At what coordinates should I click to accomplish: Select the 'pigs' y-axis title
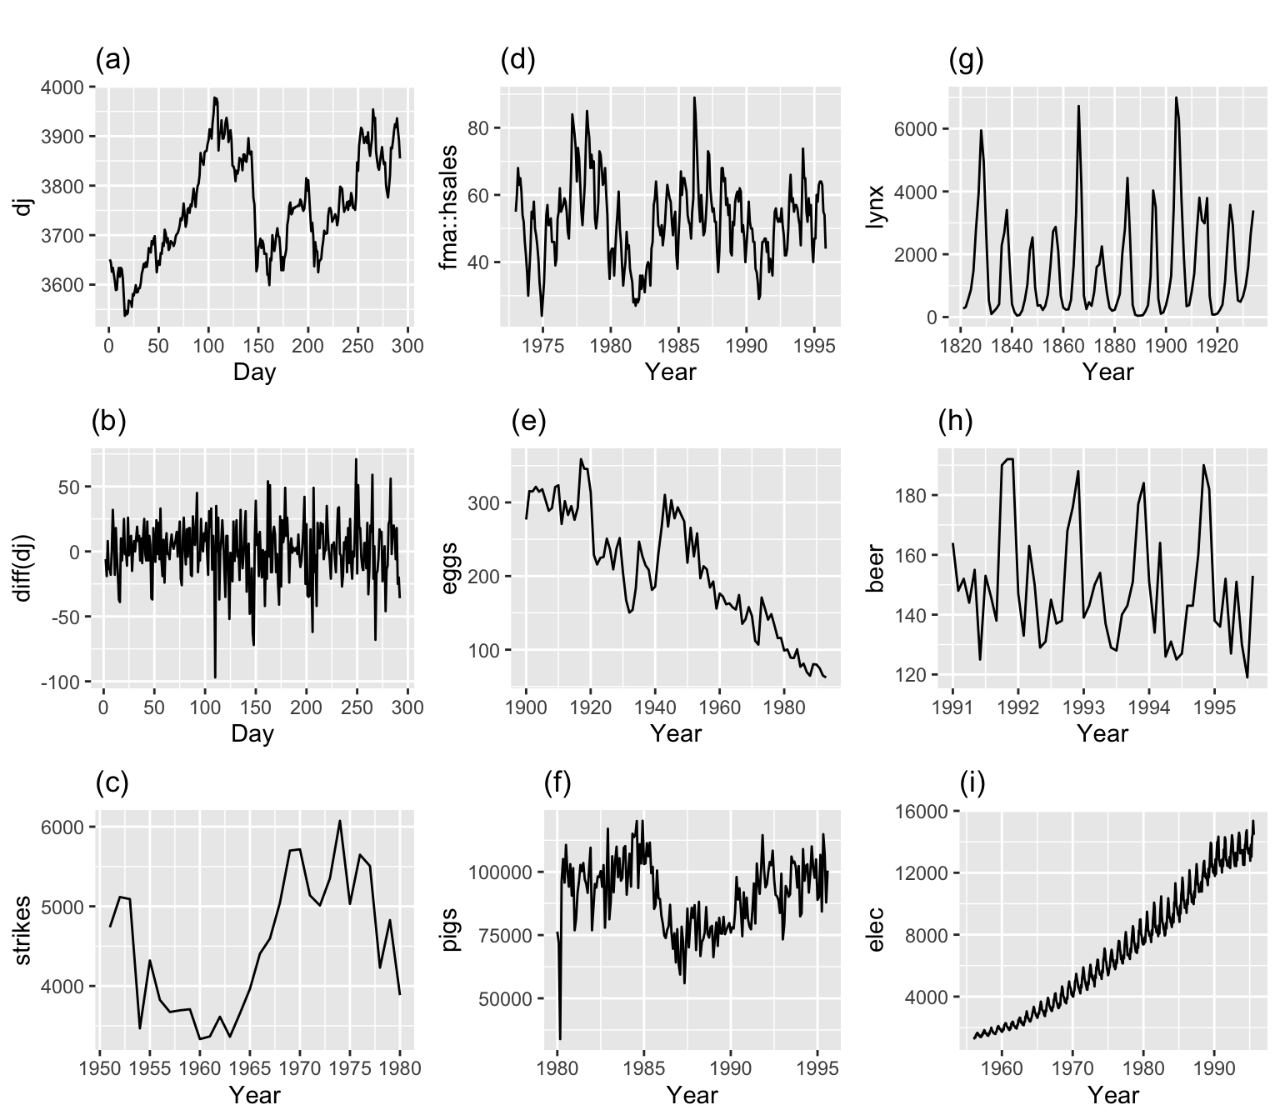click(448, 930)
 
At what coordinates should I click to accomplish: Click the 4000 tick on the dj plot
click(62, 87)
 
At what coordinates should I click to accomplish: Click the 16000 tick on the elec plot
click(922, 812)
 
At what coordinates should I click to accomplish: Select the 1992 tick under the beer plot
click(1017, 707)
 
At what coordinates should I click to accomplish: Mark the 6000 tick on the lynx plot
click(916, 129)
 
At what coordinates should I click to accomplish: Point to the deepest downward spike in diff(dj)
click(215, 677)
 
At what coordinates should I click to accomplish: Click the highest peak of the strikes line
click(340, 821)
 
